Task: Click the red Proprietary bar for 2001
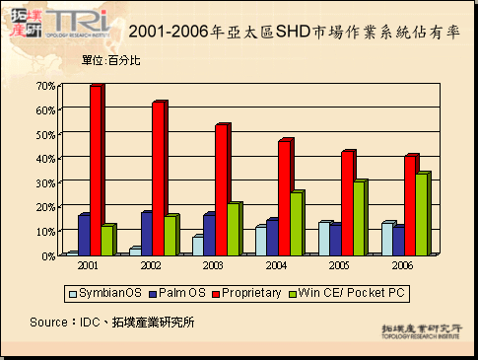[x=96, y=170]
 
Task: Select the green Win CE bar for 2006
[x=421, y=214]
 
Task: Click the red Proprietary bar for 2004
[x=284, y=197]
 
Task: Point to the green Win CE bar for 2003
[x=234, y=229]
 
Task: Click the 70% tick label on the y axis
[x=43, y=85]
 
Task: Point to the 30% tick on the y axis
[x=43, y=182]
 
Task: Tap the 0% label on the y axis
[x=46, y=255]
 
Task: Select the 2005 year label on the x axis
[x=339, y=266]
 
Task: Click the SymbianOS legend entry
[x=102, y=293]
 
